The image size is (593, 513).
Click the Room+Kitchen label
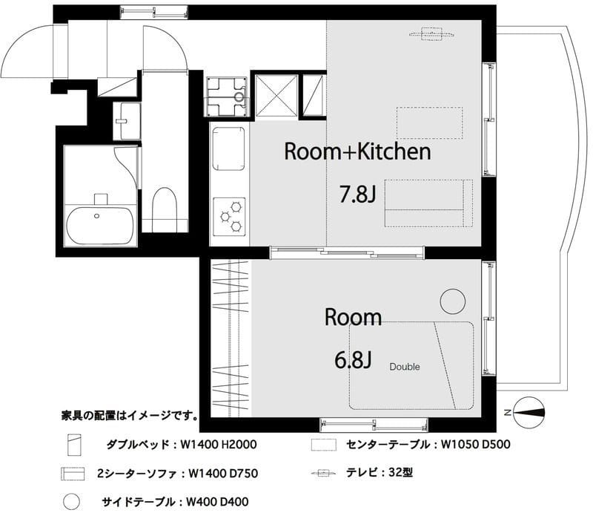coord(357,152)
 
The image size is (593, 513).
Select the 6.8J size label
coord(352,360)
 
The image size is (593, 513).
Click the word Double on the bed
coord(405,367)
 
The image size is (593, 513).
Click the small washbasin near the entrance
coord(126,120)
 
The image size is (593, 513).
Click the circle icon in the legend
coord(72,501)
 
